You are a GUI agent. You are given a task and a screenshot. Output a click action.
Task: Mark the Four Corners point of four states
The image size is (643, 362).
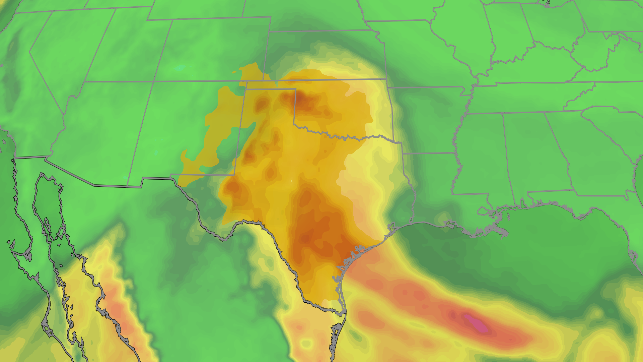(154, 81)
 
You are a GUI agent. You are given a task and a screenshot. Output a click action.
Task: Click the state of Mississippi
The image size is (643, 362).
(479, 154)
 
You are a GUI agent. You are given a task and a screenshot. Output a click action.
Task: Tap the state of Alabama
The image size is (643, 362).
(532, 154)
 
